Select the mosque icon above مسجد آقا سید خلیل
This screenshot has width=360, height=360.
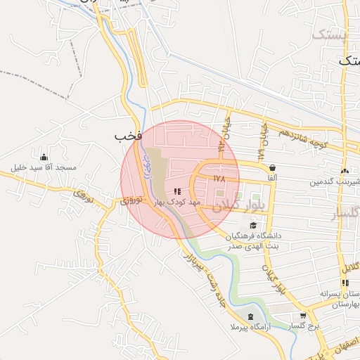pos(44,157)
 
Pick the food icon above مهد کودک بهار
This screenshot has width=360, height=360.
pos(177,191)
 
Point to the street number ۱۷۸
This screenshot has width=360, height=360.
pos(219,179)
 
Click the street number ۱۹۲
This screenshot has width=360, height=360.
pos(221,146)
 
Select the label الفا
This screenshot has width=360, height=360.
pos(271,179)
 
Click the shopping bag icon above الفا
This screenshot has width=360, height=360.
pos(271,167)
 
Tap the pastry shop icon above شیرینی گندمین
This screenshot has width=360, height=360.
pos(344,171)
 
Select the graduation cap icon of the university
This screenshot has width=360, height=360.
pos(253,225)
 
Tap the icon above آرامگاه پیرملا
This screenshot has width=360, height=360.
pos(252,316)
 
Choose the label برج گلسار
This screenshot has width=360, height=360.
pos(303,327)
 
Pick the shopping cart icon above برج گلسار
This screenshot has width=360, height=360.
pos(303,316)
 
